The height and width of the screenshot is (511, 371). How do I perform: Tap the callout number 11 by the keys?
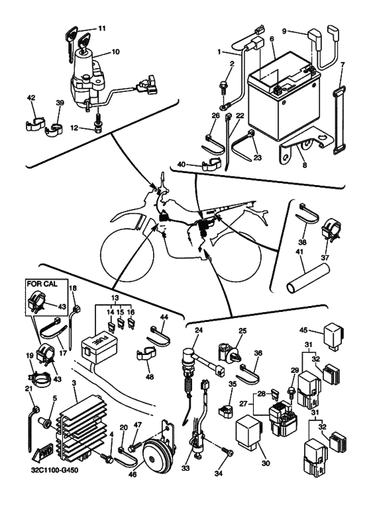click(x=102, y=28)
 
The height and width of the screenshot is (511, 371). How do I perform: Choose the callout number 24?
click(x=199, y=330)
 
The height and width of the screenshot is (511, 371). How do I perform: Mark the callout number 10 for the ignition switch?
click(x=115, y=52)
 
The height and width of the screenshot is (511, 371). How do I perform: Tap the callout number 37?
click(x=325, y=257)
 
